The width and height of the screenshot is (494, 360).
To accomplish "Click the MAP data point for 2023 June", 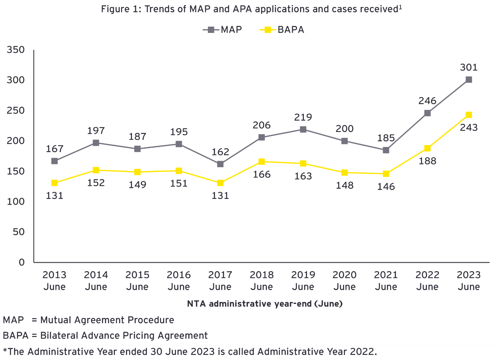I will click(469, 79).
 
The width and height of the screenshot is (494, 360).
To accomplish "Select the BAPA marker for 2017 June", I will click(220, 183).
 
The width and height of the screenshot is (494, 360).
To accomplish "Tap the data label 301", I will click(469, 67).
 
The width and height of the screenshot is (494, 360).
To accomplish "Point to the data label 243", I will click(469, 128).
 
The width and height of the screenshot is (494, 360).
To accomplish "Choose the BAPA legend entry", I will click(282, 30).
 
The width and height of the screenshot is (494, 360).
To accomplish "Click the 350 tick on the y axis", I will click(15, 50).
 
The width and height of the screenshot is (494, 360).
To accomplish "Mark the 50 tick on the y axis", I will click(19, 232).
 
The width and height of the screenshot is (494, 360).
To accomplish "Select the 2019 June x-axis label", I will click(303, 280).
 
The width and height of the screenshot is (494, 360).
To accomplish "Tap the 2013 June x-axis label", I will click(54, 280).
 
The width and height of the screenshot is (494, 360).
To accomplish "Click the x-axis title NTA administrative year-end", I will click(265, 304).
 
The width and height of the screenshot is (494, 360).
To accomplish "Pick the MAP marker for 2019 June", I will click(303, 129).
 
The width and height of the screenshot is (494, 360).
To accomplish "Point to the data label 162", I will click(220, 152).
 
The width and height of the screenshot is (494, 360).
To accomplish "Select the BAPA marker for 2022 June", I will click(427, 148).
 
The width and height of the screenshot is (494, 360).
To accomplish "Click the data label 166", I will click(262, 174).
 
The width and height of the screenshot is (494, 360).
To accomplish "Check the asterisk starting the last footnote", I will click(5, 350).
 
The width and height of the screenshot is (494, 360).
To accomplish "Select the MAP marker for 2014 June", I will click(96, 143).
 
